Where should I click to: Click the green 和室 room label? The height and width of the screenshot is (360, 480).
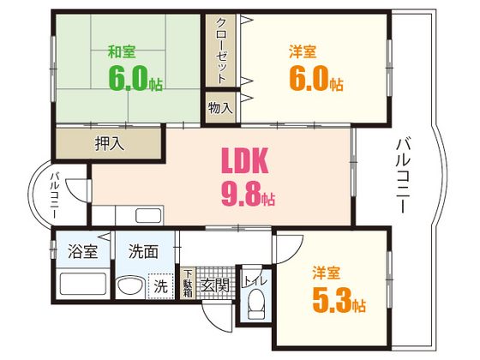pos(122,51)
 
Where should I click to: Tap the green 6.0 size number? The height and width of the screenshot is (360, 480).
pos(129,79)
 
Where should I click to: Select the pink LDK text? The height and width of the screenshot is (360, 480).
pos(245,161)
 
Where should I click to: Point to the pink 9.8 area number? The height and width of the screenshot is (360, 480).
pos(241,194)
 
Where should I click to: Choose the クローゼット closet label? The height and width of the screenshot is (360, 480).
pos(221,51)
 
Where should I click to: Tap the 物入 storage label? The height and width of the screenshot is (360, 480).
pos(220,108)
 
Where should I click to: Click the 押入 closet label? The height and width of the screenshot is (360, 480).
pos(110,143)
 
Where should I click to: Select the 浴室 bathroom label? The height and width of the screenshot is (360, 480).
pos(82,251)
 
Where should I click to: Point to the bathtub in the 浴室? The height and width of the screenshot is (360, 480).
pos(83,284)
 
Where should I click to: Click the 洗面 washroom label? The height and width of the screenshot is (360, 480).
pos(143,251)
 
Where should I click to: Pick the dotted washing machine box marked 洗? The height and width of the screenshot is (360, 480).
pos(161,286)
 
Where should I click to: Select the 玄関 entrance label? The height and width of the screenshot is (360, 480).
pos(215,286)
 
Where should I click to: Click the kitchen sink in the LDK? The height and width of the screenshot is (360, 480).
pos(148,215)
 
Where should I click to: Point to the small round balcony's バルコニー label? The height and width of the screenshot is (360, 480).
pos(55,195)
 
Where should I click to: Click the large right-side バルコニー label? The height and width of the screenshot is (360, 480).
pos(403,175)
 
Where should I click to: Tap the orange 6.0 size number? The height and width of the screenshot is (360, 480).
pos(309,79)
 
